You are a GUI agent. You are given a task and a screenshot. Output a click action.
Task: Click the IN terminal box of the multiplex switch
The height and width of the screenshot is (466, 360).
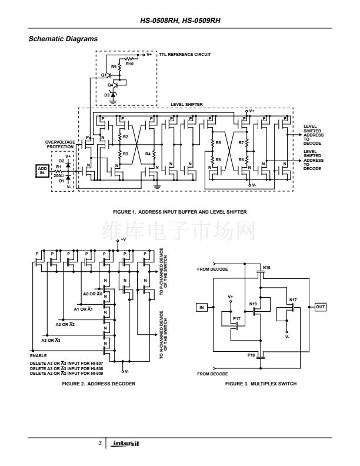click(x=202, y=307)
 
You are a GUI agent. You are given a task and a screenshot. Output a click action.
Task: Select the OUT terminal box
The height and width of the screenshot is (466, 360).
click(x=321, y=307)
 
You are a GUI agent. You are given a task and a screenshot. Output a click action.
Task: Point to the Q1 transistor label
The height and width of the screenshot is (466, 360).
click(x=104, y=75)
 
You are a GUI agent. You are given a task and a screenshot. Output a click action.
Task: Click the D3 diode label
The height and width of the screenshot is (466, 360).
click(x=106, y=94)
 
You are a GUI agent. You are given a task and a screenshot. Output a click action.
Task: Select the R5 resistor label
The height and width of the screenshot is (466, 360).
click(x=218, y=143)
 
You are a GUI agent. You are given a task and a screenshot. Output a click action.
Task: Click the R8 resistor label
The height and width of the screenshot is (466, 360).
click(x=241, y=159)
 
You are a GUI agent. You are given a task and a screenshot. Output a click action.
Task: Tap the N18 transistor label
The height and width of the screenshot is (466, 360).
click(x=266, y=268)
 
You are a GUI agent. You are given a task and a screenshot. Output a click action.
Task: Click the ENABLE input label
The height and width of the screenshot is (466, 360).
click(x=38, y=356)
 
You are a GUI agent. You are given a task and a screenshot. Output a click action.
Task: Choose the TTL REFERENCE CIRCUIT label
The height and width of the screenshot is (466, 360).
click(x=184, y=54)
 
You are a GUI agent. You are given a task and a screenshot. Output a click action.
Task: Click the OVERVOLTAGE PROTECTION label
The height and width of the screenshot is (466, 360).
click(x=59, y=144)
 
